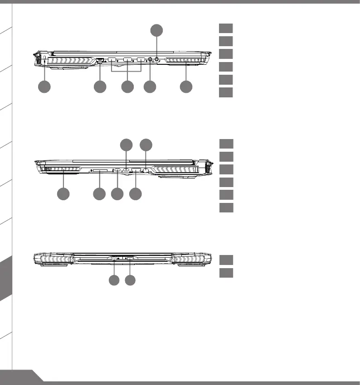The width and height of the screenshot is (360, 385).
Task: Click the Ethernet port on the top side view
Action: pos(100,60)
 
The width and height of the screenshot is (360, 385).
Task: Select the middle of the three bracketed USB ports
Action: pos(127,60)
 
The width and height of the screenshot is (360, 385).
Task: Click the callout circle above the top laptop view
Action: pos(156,30)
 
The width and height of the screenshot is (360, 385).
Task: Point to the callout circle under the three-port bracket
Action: pos(128,87)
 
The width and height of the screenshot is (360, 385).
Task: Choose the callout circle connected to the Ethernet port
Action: pos(100,87)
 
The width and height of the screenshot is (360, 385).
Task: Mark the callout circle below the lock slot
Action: pos(44,87)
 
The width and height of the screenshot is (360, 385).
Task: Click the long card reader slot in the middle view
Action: pos(99,171)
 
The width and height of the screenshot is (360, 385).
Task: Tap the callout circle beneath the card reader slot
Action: pos(99,194)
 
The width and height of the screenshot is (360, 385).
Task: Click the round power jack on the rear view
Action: pos(114,259)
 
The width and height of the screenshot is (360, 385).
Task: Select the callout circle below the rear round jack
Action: pos(114,281)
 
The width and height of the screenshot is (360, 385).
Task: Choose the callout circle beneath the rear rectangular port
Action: pos(131,281)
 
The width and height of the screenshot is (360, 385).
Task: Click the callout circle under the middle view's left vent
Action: pos(63,194)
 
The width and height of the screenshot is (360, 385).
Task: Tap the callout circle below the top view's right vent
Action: pos(185,87)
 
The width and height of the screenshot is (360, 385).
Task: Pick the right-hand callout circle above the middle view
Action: pos(145,145)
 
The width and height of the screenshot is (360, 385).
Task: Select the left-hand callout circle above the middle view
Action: pos(126,145)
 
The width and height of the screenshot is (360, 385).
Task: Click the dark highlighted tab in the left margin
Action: pos(5,277)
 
